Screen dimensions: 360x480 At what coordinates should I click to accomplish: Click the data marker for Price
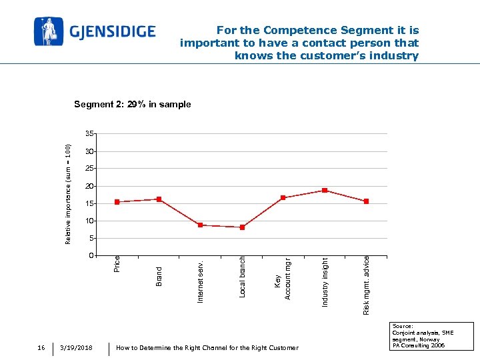(117, 202)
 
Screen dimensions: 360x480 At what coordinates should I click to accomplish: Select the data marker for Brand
(159, 199)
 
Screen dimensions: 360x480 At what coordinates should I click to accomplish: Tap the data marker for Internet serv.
(200, 225)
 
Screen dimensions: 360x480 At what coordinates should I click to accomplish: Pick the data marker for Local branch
(242, 227)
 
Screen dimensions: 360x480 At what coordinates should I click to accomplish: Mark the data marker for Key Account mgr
(283, 198)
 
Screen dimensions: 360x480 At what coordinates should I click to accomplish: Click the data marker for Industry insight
(325, 191)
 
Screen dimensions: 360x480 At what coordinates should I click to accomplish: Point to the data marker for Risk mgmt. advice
(366, 201)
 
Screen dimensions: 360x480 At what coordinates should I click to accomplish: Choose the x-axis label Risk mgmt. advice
(367, 285)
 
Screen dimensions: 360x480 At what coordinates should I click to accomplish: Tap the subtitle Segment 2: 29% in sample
(132, 104)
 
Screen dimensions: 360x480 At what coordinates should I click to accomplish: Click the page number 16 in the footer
(41, 348)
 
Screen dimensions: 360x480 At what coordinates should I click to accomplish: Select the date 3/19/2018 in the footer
(76, 348)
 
